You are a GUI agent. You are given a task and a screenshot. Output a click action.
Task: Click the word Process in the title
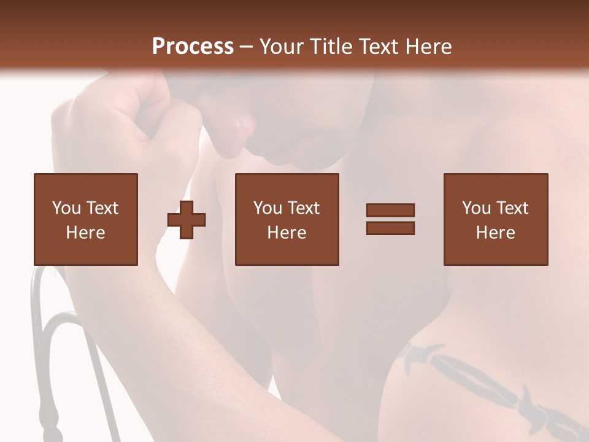(x=193, y=46)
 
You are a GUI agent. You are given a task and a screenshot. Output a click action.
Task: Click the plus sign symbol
(x=187, y=220)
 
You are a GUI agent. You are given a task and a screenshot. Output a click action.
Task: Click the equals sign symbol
(x=390, y=219)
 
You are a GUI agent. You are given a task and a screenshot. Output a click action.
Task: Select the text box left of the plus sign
(x=86, y=219)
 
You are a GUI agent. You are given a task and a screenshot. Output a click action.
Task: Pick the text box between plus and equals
(x=287, y=219)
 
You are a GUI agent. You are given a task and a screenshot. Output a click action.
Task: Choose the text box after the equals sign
(x=496, y=219)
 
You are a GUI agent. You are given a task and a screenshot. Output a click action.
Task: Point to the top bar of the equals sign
(x=390, y=211)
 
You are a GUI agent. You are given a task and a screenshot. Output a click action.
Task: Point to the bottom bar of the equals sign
(x=390, y=228)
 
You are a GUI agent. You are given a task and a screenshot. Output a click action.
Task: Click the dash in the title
(x=247, y=47)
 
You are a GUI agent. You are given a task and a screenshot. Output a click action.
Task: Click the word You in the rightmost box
(x=476, y=208)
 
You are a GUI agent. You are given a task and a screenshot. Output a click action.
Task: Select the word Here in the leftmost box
(x=86, y=232)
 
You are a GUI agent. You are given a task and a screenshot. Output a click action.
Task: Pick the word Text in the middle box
(x=303, y=208)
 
